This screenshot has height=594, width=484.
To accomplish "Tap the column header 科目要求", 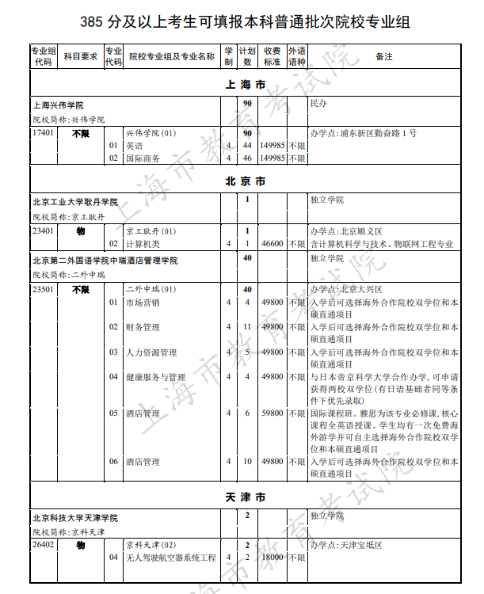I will click(80, 56).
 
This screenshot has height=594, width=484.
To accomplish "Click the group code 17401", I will click(44, 133).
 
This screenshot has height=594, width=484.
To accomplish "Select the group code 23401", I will click(44, 231).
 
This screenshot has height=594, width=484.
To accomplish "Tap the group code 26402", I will click(44, 545).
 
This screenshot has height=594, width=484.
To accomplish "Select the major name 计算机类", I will click(143, 244).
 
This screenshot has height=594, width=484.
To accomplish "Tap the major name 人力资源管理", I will click(151, 352).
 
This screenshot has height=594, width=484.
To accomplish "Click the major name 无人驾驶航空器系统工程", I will click(171, 558).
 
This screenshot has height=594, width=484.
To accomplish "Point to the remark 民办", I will click(318, 104).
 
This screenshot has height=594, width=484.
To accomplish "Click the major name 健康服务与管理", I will click(155, 378).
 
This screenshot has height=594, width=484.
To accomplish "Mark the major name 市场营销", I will click(143, 303).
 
